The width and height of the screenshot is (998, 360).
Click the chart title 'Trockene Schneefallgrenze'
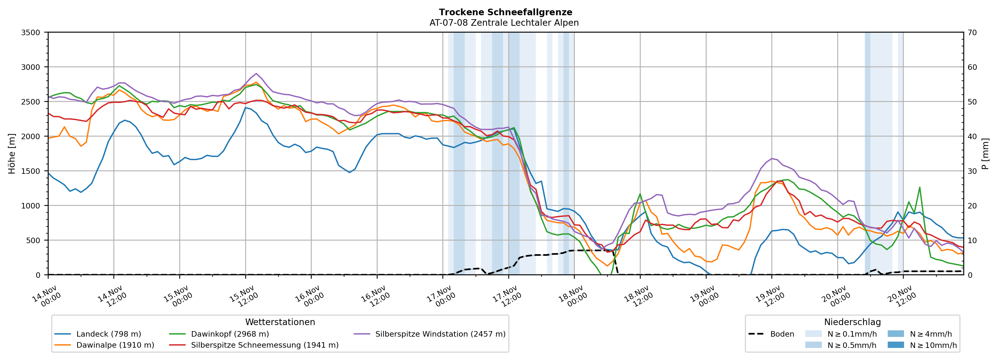click(x=505, y=12)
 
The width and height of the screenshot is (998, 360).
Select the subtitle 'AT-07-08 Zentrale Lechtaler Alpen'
click(x=504, y=23)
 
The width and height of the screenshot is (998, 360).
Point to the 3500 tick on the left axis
click(x=31, y=33)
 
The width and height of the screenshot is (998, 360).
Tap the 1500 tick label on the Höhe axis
click(x=31, y=171)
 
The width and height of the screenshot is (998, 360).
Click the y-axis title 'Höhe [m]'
click(x=12, y=154)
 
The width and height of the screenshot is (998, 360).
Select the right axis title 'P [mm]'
click(x=985, y=154)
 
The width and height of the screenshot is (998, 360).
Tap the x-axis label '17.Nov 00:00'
click(x=441, y=296)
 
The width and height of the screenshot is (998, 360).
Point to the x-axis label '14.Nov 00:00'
click(x=46, y=296)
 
